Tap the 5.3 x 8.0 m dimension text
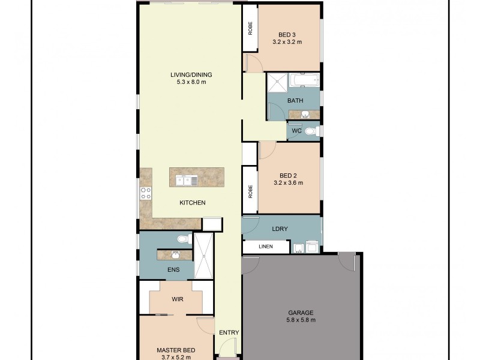click(x=191, y=82)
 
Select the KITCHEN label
click(x=193, y=203)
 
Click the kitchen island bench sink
click(x=187, y=178)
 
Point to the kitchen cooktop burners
click(x=145, y=193)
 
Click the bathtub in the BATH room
click(x=304, y=80)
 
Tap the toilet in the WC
click(x=310, y=131)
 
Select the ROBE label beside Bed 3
click(x=250, y=28)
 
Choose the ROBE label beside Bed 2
click(x=250, y=191)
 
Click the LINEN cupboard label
click(x=266, y=247)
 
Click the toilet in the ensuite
click(x=183, y=239)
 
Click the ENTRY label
click(x=229, y=333)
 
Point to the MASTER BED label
click(x=175, y=350)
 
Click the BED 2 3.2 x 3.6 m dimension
click(x=288, y=182)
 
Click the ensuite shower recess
click(x=204, y=256)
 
